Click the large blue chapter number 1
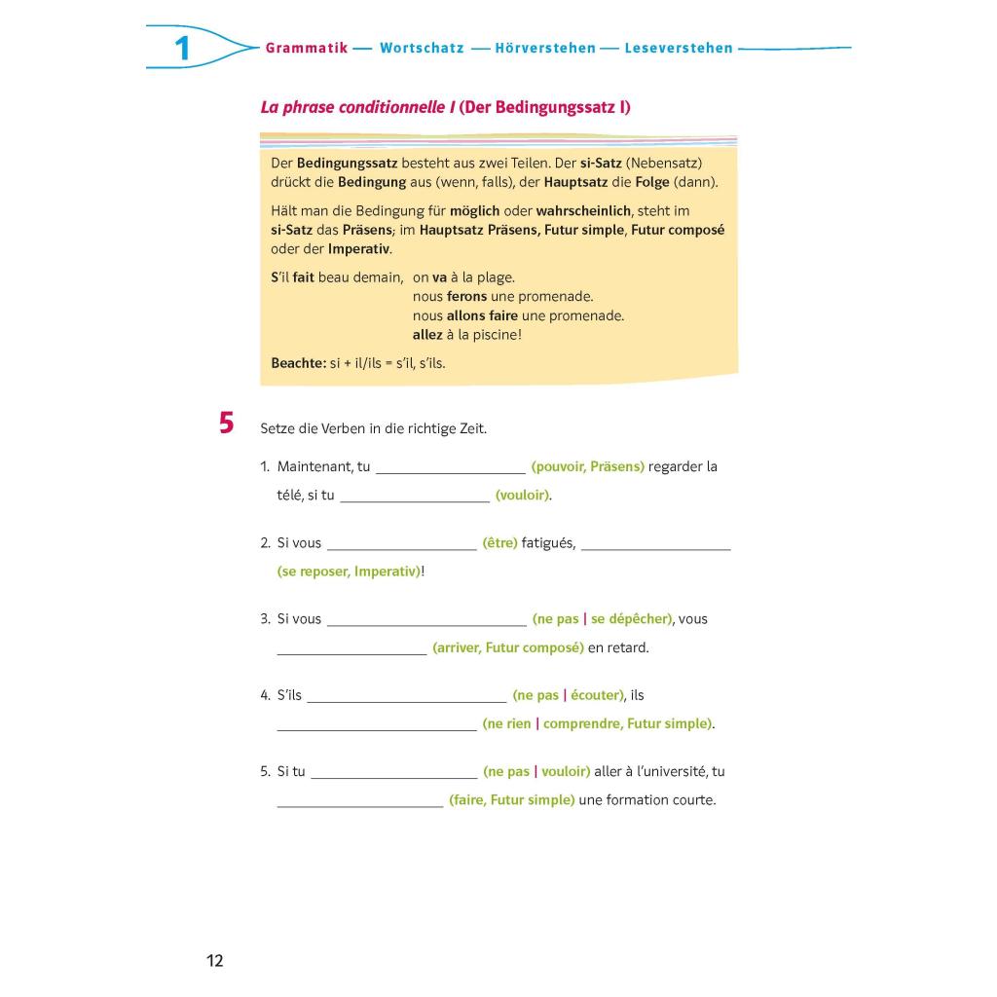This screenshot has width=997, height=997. pyautogui.click(x=182, y=48)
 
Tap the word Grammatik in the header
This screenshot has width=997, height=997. pyautogui.click(x=307, y=48)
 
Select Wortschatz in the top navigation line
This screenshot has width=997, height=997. pyautogui.click(x=422, y=48)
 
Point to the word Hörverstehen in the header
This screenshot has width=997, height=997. pyautogui.click(x=545, y=48)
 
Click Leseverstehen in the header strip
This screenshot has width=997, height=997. pyautogui.click(x=679, y=48)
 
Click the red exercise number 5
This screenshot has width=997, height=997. pyautogui.click(x=227, y=424)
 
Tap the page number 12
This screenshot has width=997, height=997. pyautogui.click(x=215, y=961)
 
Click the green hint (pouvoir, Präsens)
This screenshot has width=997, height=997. pyautogui.click(x=588, y=466)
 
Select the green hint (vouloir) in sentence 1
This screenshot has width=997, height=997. pyautogui.click(x=523, y=495)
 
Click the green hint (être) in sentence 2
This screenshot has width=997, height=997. pyautogui.click(x=499, y=542)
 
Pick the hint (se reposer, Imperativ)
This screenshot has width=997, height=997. pyautogui.click(x=350, y=572)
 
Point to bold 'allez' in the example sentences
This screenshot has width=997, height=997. pyautogui.click(x=427, y=335)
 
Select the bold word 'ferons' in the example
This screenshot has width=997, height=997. pyautogui.click(x=466, y=296)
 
